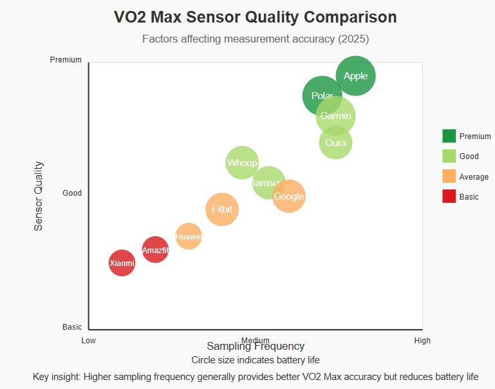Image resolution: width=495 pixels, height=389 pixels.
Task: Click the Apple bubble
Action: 356,76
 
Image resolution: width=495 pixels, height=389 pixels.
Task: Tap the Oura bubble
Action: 335,143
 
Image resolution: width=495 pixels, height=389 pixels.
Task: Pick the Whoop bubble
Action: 241,162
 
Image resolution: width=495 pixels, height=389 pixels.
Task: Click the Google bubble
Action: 290,196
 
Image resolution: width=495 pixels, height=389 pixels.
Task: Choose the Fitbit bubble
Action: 222,209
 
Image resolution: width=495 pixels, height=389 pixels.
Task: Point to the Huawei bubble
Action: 189,236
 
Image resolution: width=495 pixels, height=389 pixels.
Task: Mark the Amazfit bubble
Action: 155,250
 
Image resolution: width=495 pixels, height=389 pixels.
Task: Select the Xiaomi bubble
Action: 122,263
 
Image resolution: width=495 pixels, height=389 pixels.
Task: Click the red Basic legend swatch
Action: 449,196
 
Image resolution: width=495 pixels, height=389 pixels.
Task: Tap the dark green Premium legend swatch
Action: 449,136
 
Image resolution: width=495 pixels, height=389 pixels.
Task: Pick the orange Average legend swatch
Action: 449,176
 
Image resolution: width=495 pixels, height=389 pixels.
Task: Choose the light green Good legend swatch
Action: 449,156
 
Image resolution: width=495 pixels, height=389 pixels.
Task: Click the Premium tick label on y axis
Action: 66,60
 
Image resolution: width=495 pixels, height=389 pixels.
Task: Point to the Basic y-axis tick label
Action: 72,327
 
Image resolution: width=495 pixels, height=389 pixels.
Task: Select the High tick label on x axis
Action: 422,341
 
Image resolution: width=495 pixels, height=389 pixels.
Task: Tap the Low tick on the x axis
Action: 88,341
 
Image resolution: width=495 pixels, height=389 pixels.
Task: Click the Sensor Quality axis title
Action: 39,196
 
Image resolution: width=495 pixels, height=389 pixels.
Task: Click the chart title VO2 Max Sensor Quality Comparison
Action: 256,17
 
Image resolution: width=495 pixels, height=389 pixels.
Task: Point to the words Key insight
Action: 57,377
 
